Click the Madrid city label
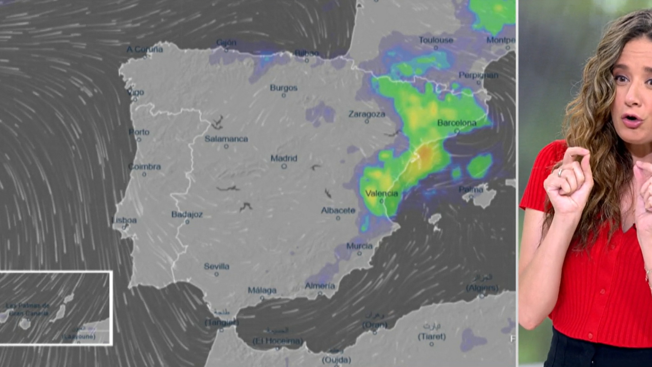point(284,158)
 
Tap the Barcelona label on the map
point(457,123)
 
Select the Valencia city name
point(381,193)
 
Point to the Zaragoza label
point(367,114)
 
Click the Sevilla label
point(217,266)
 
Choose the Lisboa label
point(125,220)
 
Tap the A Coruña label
point(145,49)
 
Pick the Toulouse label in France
point(436,40)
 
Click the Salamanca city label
point(226,139)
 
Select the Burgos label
point(284,88)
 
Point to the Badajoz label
point(187,214)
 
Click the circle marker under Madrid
point(284,166)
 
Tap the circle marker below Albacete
point(338,218)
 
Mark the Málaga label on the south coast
point(262,291)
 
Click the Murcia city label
point(359,246)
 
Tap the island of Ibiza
point(435,219)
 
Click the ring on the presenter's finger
point(560,172)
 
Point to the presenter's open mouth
point(631,120)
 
